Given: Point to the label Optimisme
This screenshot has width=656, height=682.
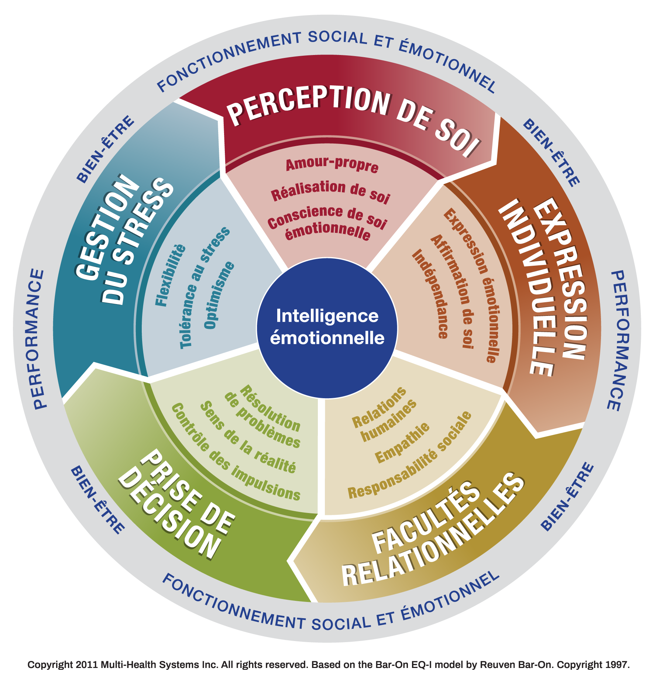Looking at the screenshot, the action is pyautogui.click(x=219, y=295).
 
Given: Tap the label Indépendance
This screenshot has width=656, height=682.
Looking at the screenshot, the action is pyautogui.click(x=430, y=294).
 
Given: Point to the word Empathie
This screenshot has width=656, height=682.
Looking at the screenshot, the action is pyautogui.click(x=402, y=443).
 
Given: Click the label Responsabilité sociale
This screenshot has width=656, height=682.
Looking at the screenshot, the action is pyautogui.click(x=410, y=455).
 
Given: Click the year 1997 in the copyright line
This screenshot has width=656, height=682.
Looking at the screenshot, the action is pyautogui.click(x=616, y=665).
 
